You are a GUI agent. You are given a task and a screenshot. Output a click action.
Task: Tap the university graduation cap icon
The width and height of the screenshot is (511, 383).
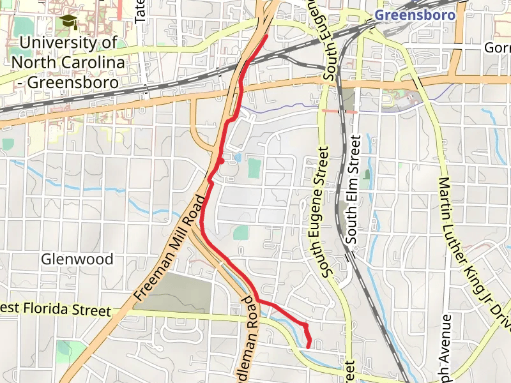pos(66,23)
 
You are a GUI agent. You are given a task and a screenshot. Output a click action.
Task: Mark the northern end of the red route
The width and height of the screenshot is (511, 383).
pos(266,36)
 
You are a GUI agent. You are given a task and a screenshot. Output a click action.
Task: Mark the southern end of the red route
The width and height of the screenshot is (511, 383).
pos(309,347)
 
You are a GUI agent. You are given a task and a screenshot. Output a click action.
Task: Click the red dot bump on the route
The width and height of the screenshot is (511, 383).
pos(221,161)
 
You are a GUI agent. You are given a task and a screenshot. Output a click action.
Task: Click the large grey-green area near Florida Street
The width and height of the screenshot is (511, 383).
pos(179,294)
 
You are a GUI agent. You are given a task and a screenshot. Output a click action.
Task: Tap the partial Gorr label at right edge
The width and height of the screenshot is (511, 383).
pos(497,48)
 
